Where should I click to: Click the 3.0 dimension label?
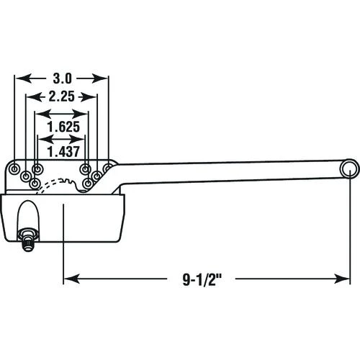pyautogui.click(x=63, y=78)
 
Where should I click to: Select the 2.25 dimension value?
pyautogui.click(x=61, y=96)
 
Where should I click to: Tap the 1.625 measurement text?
pyautogui.click(x=63, y=127)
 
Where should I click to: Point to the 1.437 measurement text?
pyautogui.click(x=63, y=152)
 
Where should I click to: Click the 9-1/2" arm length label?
pyautogui.click(x=202, y=279)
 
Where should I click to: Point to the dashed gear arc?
pyautogui.click(x=48, y=182)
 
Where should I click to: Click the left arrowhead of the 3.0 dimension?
pyautogui.click(x=24, y=78)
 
